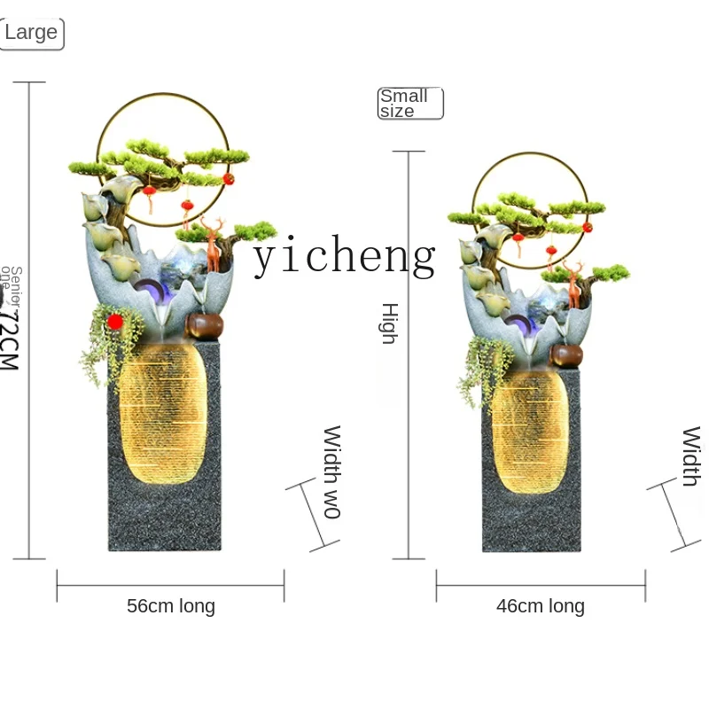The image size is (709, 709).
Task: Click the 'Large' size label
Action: tap(31, 33)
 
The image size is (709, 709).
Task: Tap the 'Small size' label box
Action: tap(409, 104)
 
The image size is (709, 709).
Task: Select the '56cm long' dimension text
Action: tap(171, 606)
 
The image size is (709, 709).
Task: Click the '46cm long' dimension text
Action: tap(541, 606)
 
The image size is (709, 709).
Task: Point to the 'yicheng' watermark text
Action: tap(344, 257)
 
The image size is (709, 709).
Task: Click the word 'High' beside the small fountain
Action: tap(389, 323)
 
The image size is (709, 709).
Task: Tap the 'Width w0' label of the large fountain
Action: tap(331, 471)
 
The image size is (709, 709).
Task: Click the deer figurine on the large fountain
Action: tap(213, 243)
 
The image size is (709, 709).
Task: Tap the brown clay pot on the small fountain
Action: tap(566, 356)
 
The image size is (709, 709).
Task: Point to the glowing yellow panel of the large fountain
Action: tap(163, 417)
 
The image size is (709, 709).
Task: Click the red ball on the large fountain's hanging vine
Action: tap(114, 322)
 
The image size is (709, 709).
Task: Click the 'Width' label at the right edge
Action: tap(691, 456)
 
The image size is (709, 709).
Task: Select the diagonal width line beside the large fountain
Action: tap(313, 516)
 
